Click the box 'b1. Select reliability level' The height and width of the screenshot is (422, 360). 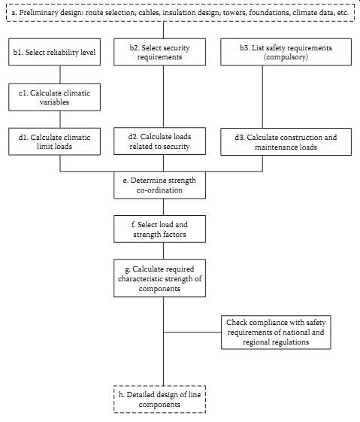click(x=55, y=52)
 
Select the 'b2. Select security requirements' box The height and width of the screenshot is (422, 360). click(x=159, y=52)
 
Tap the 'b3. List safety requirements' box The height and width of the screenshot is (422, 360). click(x=286, y=52)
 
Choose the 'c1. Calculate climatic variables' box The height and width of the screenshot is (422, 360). click(x=55, y=97)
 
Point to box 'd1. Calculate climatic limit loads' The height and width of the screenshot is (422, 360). click(x=55, y=141)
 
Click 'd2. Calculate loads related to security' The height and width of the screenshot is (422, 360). click(x=159, y=141)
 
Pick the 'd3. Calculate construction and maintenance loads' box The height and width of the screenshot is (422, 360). click(x=286, y=142)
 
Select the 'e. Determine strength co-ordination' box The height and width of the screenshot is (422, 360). click(x=159, y=185)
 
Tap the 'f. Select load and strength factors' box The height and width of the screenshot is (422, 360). click(x=159, y=229)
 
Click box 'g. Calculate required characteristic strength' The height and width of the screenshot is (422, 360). click(x=159, y=278)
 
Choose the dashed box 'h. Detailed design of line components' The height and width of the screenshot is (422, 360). click(x=159, y=399)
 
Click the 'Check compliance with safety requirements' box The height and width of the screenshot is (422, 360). click(x=276, y=332)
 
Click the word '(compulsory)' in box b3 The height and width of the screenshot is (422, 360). click(x=286, y=57)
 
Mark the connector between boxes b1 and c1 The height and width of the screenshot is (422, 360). click(x=60, y=74)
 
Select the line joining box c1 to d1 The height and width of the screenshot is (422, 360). click(x=60, y=119)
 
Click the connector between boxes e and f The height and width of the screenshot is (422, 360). click(x=163, y=207)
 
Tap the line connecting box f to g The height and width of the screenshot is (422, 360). click(x=163, y=250)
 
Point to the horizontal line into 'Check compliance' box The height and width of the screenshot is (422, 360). click(x=192, y=332)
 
